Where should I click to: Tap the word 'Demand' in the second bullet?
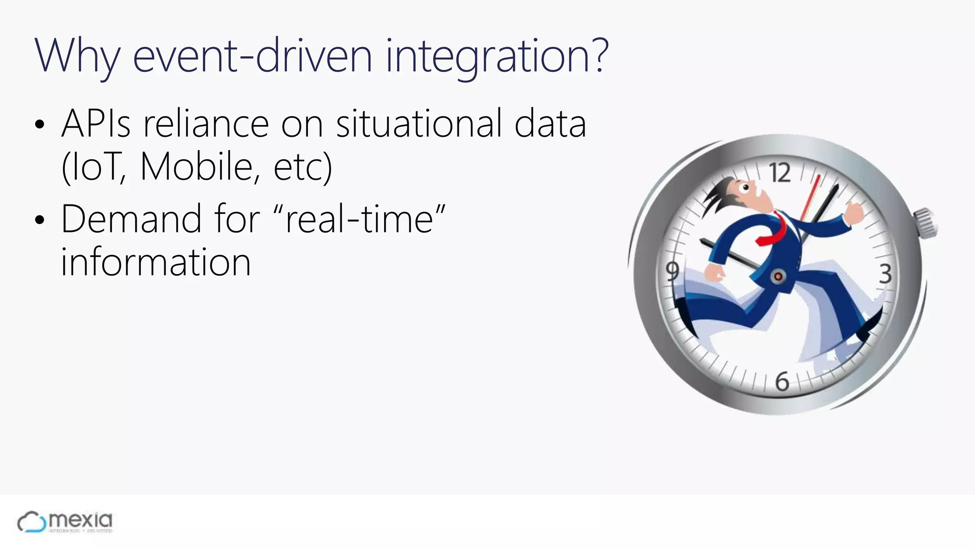[x=131, y=219]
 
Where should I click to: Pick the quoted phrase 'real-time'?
[x=360, y=219]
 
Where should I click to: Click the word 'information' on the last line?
[x=156, y=262]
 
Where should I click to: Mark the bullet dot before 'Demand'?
[x=40, y=220]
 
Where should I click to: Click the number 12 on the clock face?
[x=780, y=173]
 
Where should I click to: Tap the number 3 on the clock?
[x=885, y=274]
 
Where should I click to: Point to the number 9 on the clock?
[x=672, y=271]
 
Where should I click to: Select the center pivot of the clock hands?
[x=778, y=276]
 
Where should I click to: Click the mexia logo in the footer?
[x=65, y=522]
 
